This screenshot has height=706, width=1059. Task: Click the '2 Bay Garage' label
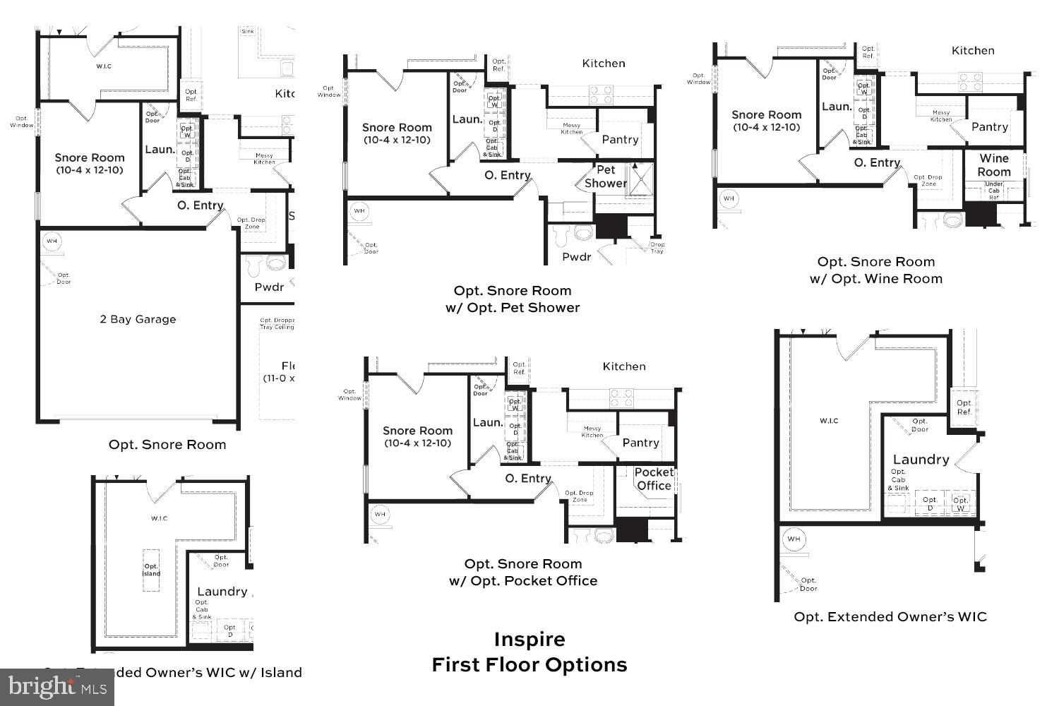(138, 319)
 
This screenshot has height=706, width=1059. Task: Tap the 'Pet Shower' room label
(606, 176)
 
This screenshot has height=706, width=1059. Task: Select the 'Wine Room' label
(994, 165)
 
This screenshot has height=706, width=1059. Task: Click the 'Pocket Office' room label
(654, 479)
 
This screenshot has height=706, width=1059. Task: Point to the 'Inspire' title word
(529, 640)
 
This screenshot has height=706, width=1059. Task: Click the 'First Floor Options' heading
(529, 665)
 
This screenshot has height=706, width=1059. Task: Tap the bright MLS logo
(57, 686)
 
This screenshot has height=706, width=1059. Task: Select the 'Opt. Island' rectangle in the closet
(152, 570)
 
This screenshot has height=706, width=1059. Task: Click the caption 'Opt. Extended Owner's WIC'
(890, 617)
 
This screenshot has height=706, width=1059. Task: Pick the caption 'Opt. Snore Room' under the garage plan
(167, 445)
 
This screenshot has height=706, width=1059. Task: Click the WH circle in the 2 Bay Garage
(52, 241)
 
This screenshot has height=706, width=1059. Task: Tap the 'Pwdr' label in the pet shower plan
(576, 257)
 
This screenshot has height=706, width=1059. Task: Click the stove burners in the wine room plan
(970, 82)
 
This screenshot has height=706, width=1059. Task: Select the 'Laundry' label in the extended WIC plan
(921, 460)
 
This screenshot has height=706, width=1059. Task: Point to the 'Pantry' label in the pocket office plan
(640, 443)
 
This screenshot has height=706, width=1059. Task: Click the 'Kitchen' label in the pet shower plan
(603, 64)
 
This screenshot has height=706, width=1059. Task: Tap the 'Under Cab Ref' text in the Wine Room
(993, 191)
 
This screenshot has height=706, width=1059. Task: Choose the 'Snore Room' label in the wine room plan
(766, 115)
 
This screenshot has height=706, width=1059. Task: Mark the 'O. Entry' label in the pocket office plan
(527, 479)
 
